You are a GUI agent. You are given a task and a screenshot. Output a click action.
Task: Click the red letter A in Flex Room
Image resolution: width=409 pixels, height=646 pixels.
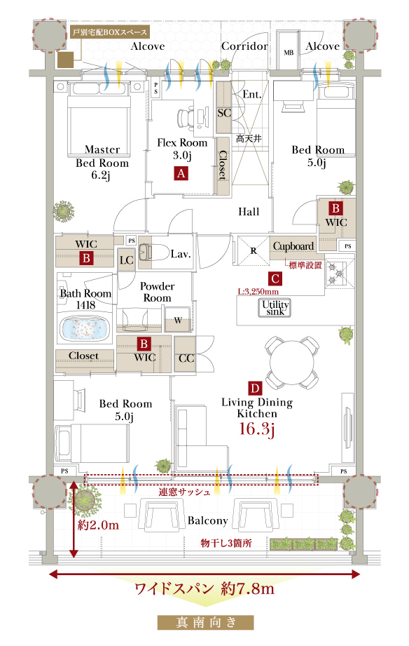[181, 173]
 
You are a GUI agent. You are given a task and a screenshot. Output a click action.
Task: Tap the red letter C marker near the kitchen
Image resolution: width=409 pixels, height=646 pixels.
[275, 278]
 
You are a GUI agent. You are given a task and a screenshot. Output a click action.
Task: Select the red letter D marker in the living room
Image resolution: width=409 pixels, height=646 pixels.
[255, 388]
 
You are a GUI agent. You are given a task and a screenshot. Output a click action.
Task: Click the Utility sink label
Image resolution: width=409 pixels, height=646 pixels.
[275, 308]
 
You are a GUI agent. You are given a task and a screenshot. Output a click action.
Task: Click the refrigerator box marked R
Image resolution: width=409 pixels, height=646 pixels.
[253, 250]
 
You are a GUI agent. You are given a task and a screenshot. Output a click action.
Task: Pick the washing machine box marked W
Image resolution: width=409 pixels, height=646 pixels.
[178, 320]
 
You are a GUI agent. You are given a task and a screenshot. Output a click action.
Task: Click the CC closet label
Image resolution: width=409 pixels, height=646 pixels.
[186, 358]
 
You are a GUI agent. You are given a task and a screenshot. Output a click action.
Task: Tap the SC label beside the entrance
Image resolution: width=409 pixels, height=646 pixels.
[224, 113]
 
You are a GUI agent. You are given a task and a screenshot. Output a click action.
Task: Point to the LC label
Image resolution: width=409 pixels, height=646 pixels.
[126, 260]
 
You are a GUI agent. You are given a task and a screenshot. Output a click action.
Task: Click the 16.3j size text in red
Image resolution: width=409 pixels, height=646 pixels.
[257, 429]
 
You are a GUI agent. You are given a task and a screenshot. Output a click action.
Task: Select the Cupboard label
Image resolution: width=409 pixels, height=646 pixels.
[293, 246]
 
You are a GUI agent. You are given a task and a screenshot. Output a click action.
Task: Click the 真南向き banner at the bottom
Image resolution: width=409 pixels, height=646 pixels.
[205, 622]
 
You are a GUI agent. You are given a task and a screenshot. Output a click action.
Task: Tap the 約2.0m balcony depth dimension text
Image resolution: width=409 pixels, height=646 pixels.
[98, 525]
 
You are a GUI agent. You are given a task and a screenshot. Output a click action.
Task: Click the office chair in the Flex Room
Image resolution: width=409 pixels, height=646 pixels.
[186, 118]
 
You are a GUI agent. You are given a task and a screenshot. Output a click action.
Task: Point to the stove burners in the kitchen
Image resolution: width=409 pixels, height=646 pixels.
[340, 272]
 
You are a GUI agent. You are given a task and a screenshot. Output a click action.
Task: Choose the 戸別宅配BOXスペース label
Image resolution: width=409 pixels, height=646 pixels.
[110, 32]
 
